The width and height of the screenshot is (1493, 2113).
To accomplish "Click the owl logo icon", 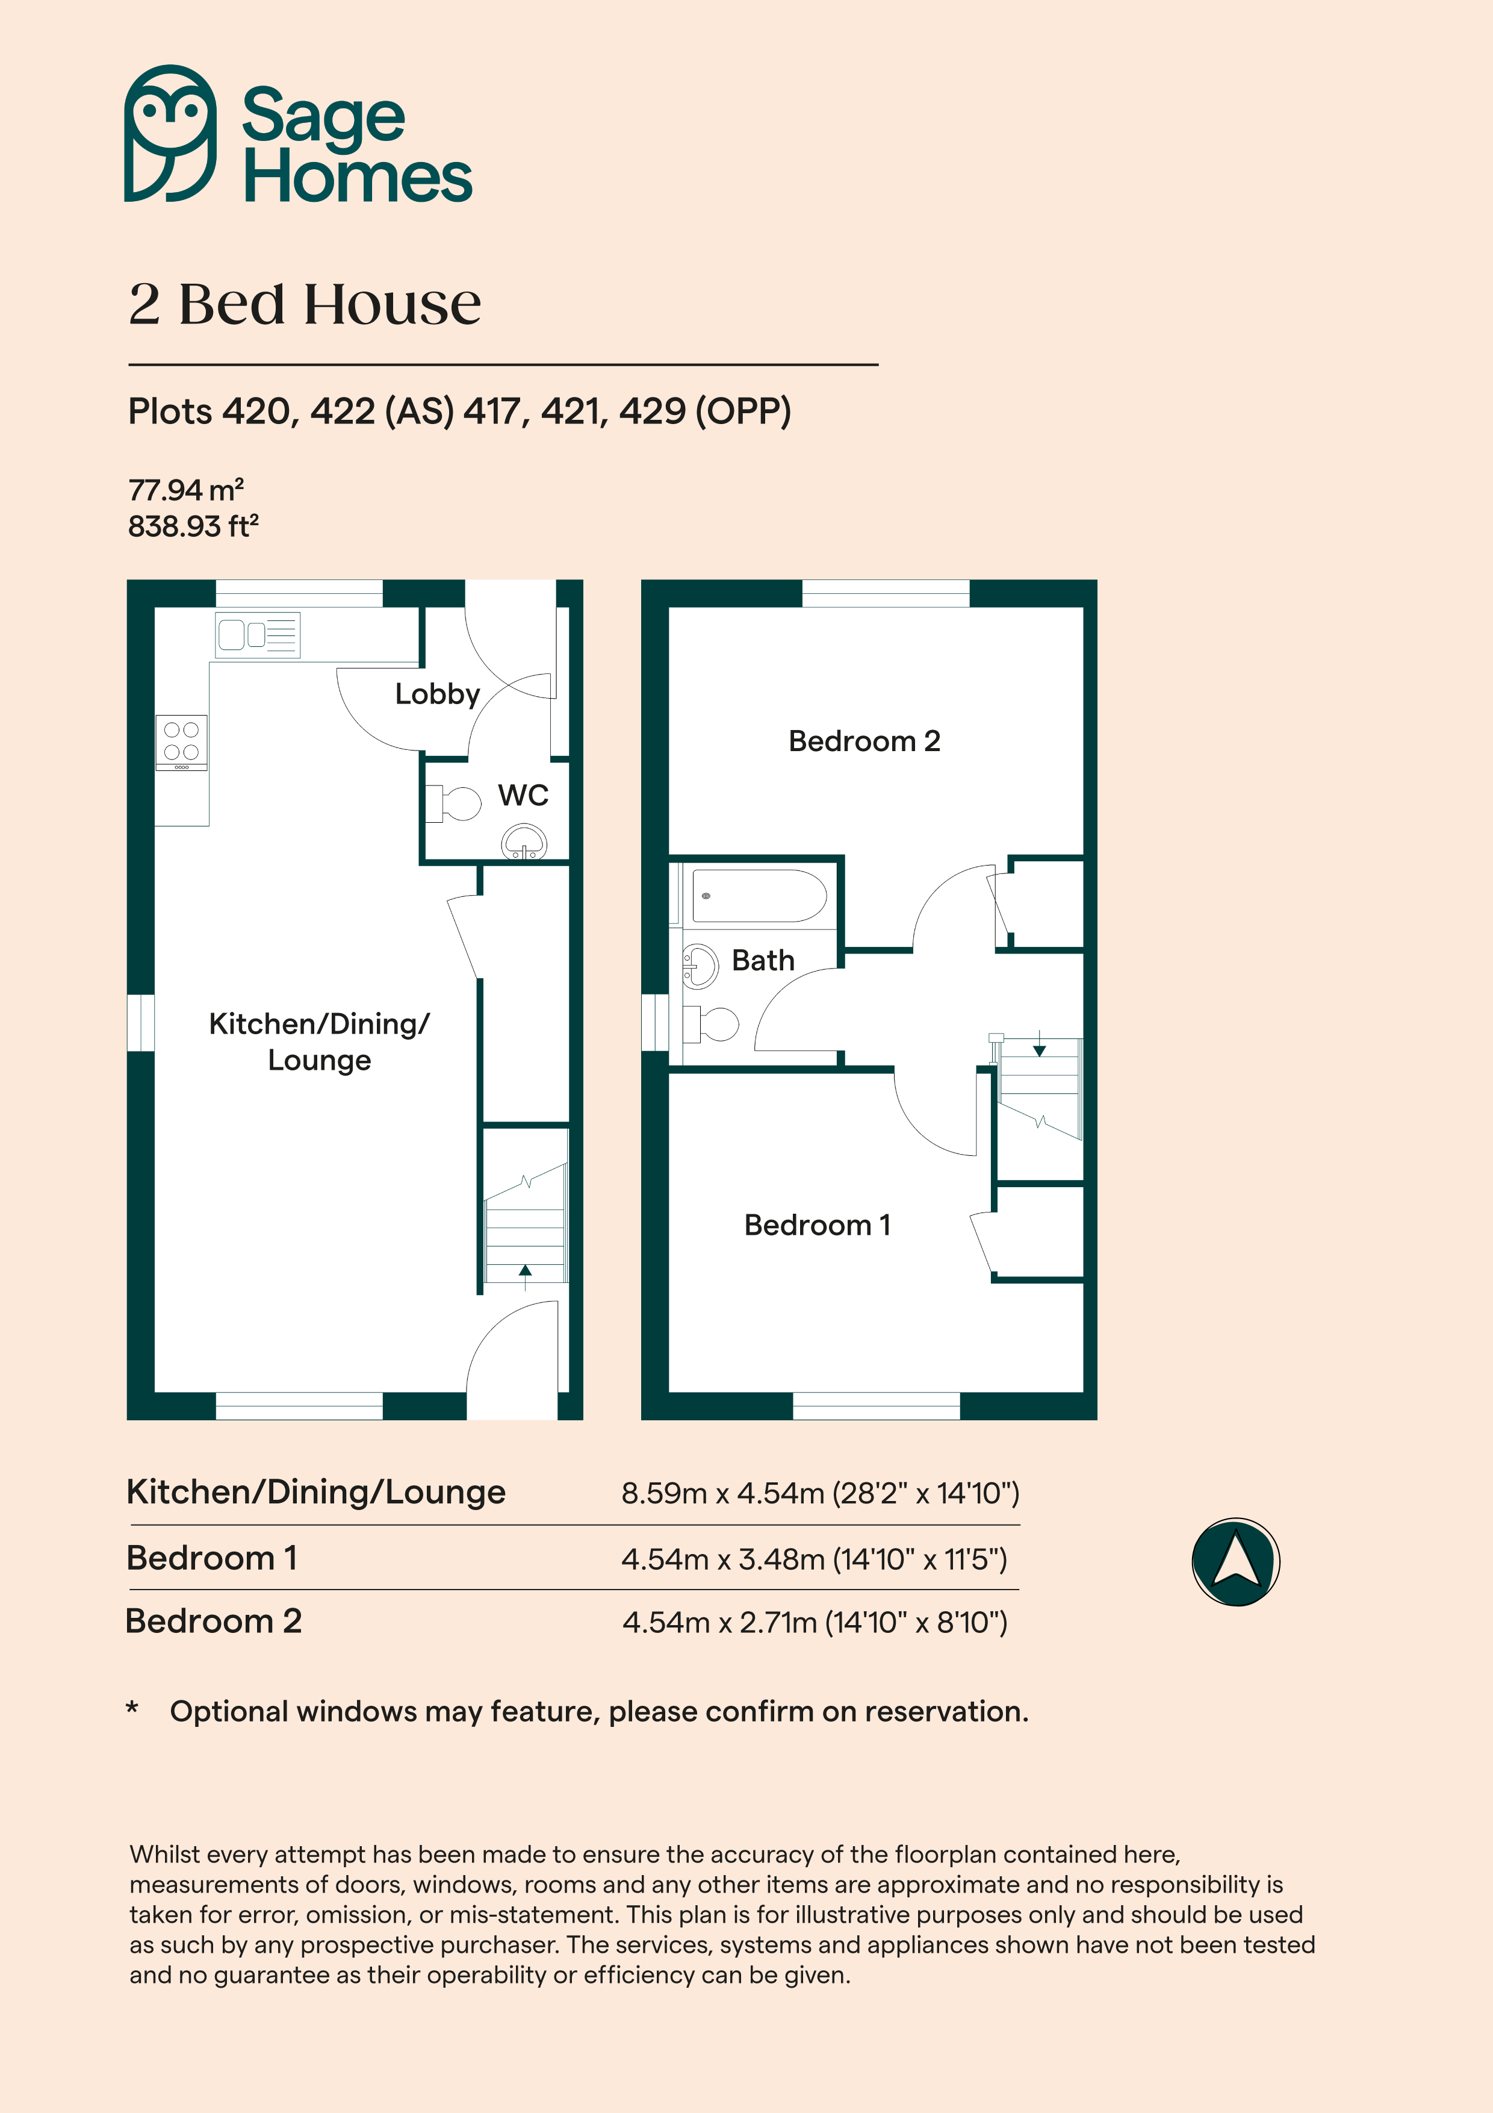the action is pos(170,134).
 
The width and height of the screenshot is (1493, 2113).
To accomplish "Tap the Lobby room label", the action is pos(437,694).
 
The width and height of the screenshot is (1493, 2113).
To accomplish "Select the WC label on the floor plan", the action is pos(523,795).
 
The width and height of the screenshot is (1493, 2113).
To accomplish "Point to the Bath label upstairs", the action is pos(763,960).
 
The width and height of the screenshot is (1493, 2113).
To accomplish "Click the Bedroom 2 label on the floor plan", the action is pos(864,741).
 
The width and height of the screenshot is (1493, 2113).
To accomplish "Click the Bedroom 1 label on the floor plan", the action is pos(817,1225).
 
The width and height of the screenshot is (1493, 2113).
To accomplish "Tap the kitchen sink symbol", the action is pos(258,634).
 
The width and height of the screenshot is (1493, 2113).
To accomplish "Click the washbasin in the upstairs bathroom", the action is pos(700,966).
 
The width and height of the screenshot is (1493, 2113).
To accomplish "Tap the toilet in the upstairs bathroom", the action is pos(711,1023).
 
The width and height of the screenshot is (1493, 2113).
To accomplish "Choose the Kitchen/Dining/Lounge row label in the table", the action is pos(315,1492).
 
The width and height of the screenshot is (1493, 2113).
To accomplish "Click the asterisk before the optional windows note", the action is pos(132,1708).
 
